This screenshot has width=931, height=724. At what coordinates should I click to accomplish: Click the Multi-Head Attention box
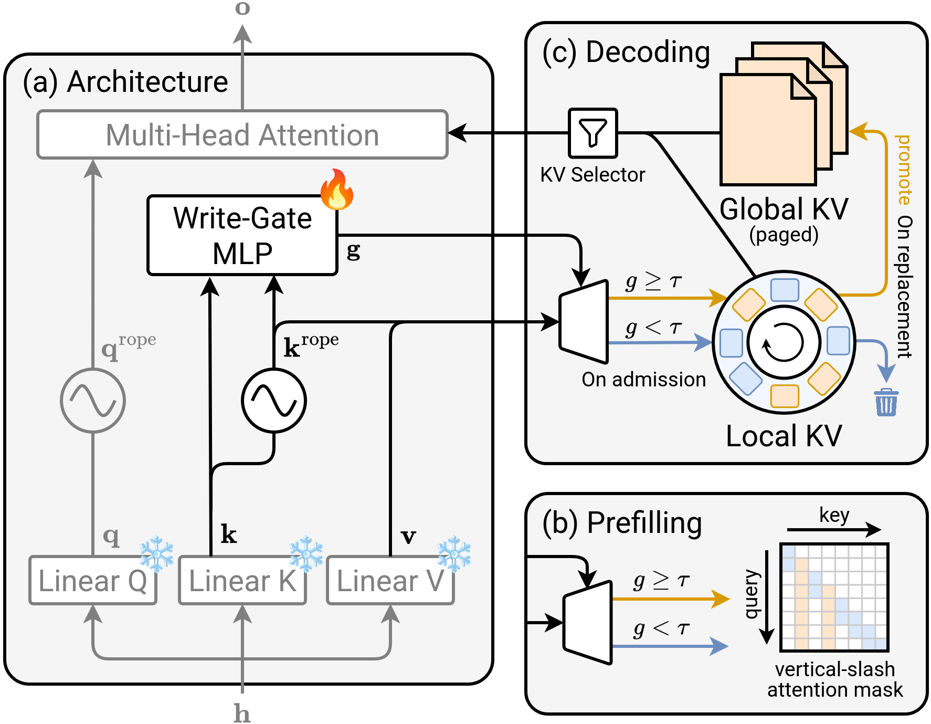[242, 135]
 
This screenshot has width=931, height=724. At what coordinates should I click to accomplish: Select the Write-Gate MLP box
[242, 235]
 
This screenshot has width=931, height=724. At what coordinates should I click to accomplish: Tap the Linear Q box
[92, 581]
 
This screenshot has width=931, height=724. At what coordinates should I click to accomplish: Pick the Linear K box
[242, 581]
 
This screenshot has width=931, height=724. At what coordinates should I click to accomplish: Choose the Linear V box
[390, 581]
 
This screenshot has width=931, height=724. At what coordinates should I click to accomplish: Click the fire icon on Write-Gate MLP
[337, 190]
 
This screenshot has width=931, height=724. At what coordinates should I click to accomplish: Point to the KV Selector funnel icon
[593, 133]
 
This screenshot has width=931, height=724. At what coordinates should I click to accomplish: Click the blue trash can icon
[886, 403]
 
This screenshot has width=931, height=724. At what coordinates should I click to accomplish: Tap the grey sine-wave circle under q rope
[93, 401]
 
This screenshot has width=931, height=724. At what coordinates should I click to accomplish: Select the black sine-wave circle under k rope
[273, 401]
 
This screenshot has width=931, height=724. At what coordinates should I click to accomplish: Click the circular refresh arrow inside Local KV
[784, 342]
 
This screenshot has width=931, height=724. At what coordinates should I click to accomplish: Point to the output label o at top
[242, 8]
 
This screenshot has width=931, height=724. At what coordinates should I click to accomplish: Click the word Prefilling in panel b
[644, 523]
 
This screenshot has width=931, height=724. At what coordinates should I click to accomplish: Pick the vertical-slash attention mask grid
[834, 597]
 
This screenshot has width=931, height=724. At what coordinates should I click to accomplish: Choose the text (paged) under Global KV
[784, 235]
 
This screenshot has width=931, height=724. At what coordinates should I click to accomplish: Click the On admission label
[643, 379]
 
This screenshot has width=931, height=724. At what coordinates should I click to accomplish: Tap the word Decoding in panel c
[648, 52]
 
